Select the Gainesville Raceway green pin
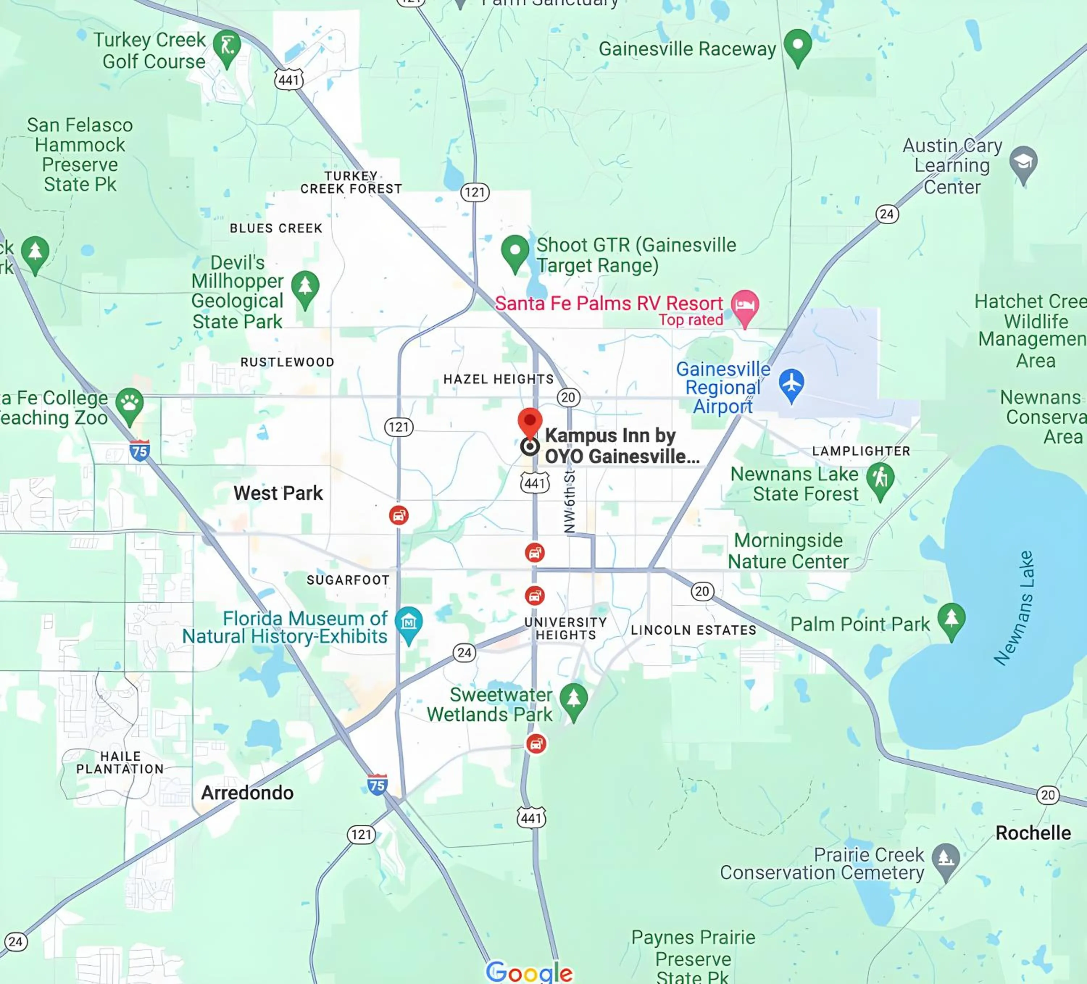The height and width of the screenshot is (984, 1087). tap(797, 45)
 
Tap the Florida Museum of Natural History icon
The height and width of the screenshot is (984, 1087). tap(409, 623)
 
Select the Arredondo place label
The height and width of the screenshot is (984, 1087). tap(247, 793)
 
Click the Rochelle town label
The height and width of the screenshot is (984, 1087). tap(1033, 833)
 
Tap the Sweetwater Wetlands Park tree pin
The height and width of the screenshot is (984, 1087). tap(573, 699)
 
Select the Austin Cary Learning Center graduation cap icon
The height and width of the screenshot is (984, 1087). tap(1023, 162)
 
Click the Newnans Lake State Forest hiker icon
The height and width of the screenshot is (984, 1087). tap(880, 479)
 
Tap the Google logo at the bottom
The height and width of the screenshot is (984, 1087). tap(529, 972)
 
